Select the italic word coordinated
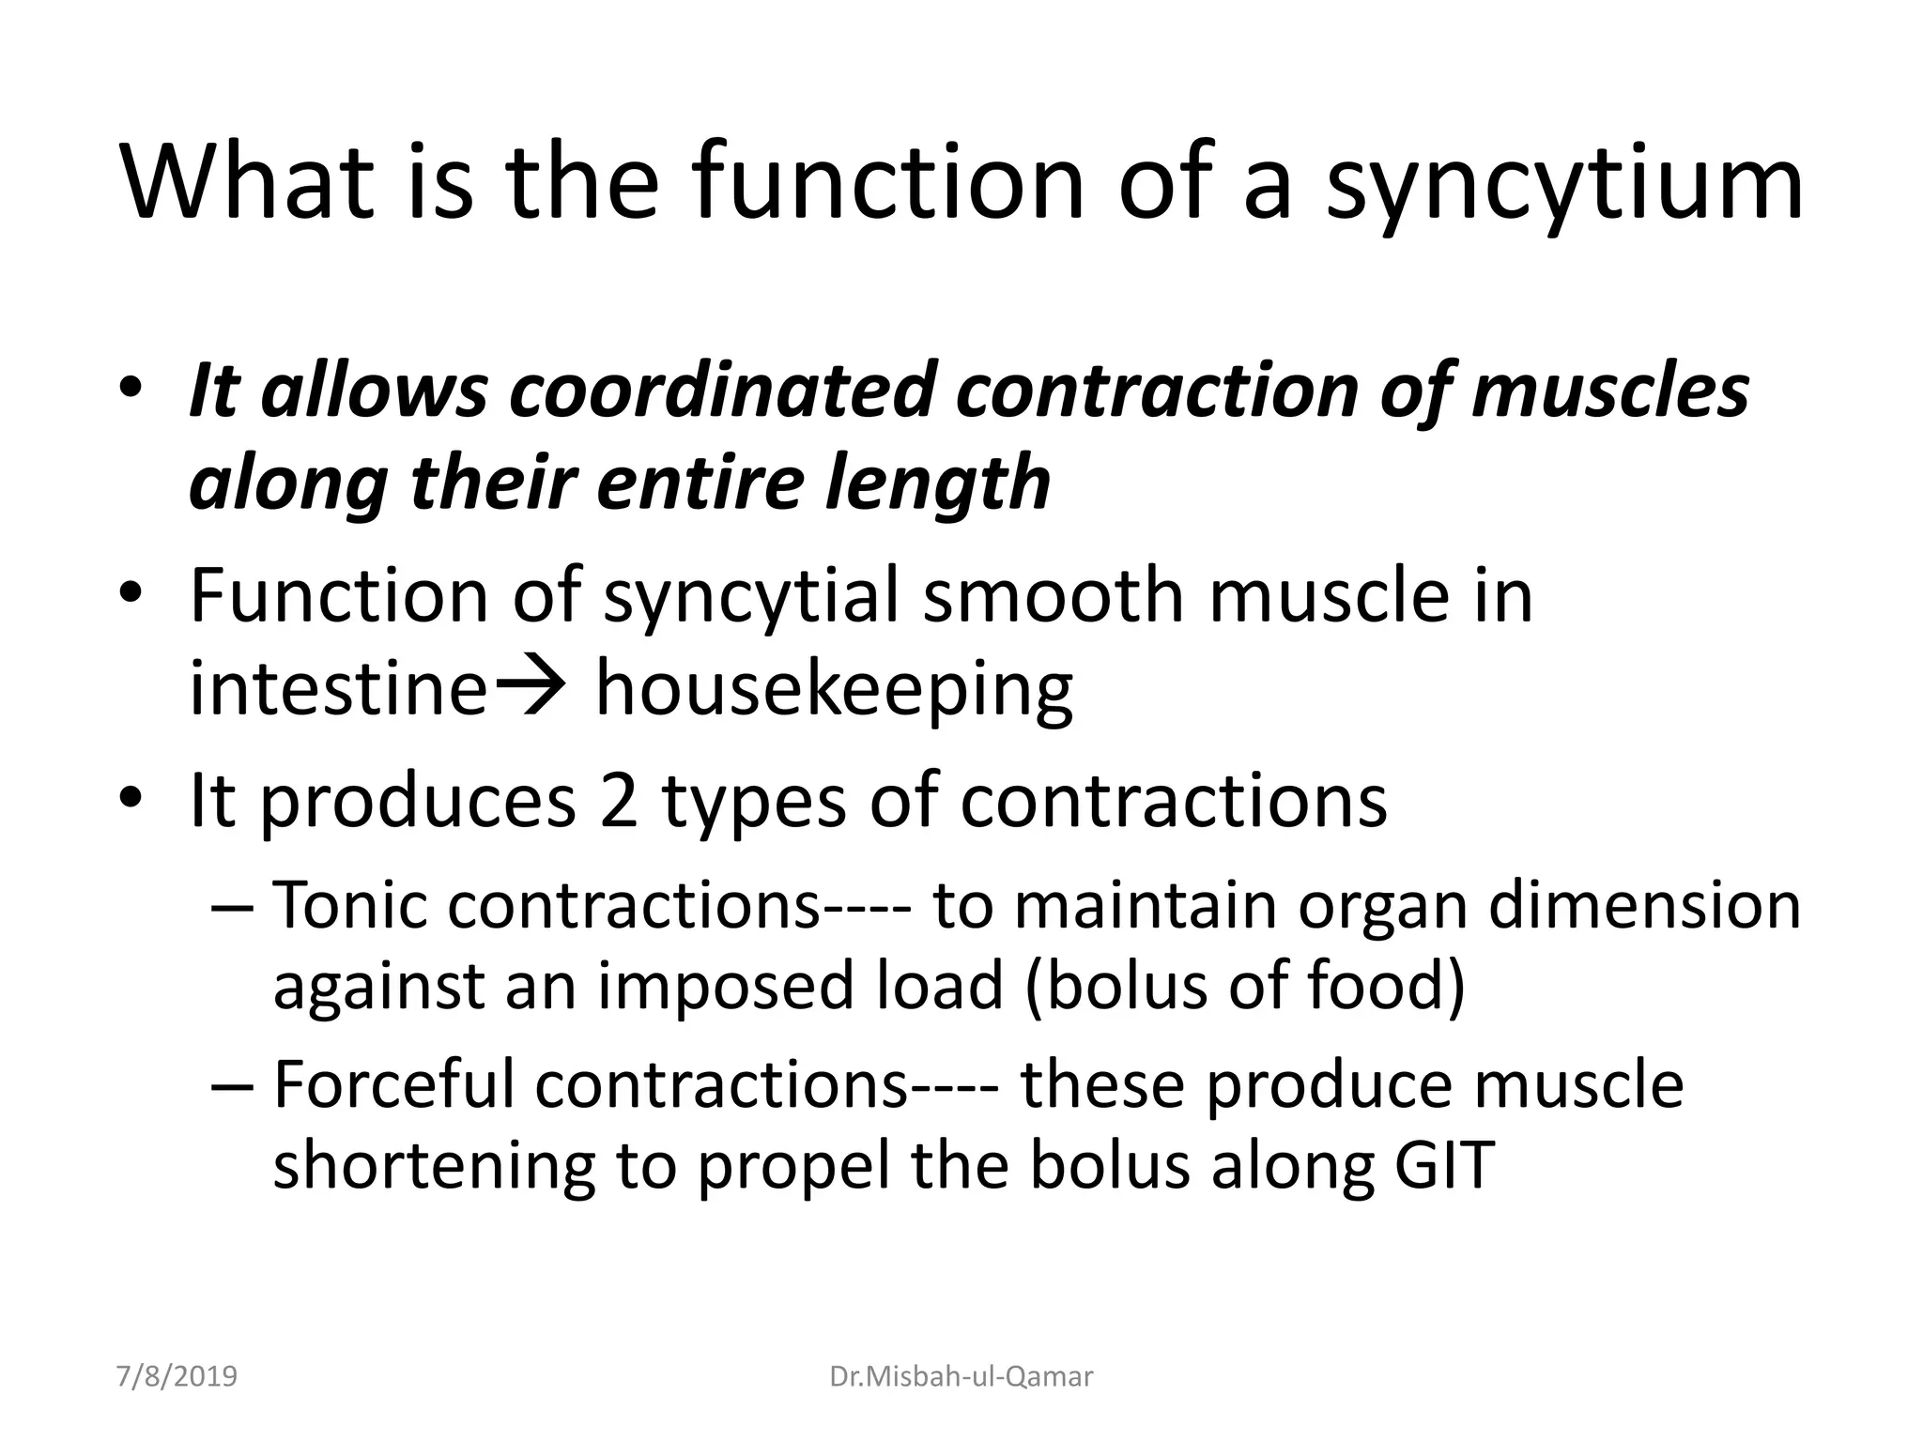[719, 390]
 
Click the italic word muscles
[1609, 390]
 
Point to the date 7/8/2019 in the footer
[177, 1377]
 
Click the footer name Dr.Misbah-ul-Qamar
[961, 1377]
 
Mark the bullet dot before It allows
[131, 390]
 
